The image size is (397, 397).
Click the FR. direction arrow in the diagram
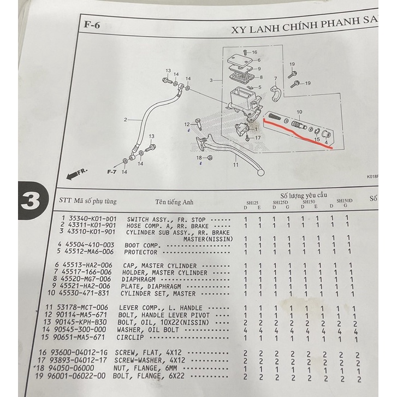(x=76, y=173)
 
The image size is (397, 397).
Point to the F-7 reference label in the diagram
(x=111, y=171)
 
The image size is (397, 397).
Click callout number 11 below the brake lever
(x=235, y=164)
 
